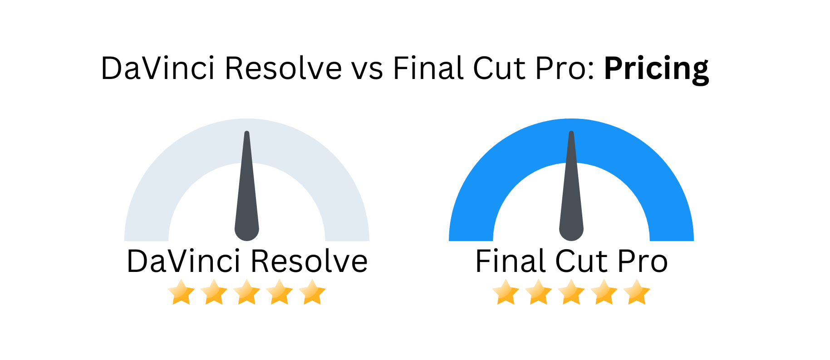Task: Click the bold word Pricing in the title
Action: [x=656, y=69]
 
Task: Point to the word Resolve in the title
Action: [x=283, y=68]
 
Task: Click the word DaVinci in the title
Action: [x=157, y=68]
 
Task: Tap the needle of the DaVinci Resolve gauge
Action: [x=247, y=186]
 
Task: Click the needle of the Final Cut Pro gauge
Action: [x=571, y=186]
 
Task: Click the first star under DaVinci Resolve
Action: [x=182, y=292]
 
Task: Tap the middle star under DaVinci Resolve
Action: [x=247, y=292]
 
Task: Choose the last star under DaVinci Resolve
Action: [x=312, y=292]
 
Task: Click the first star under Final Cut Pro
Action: [x=506, y=292]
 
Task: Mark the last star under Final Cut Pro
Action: [x=637, y=292]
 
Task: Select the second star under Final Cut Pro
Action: [x=539, y=292]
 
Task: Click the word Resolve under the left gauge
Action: [x=309, y=261]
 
